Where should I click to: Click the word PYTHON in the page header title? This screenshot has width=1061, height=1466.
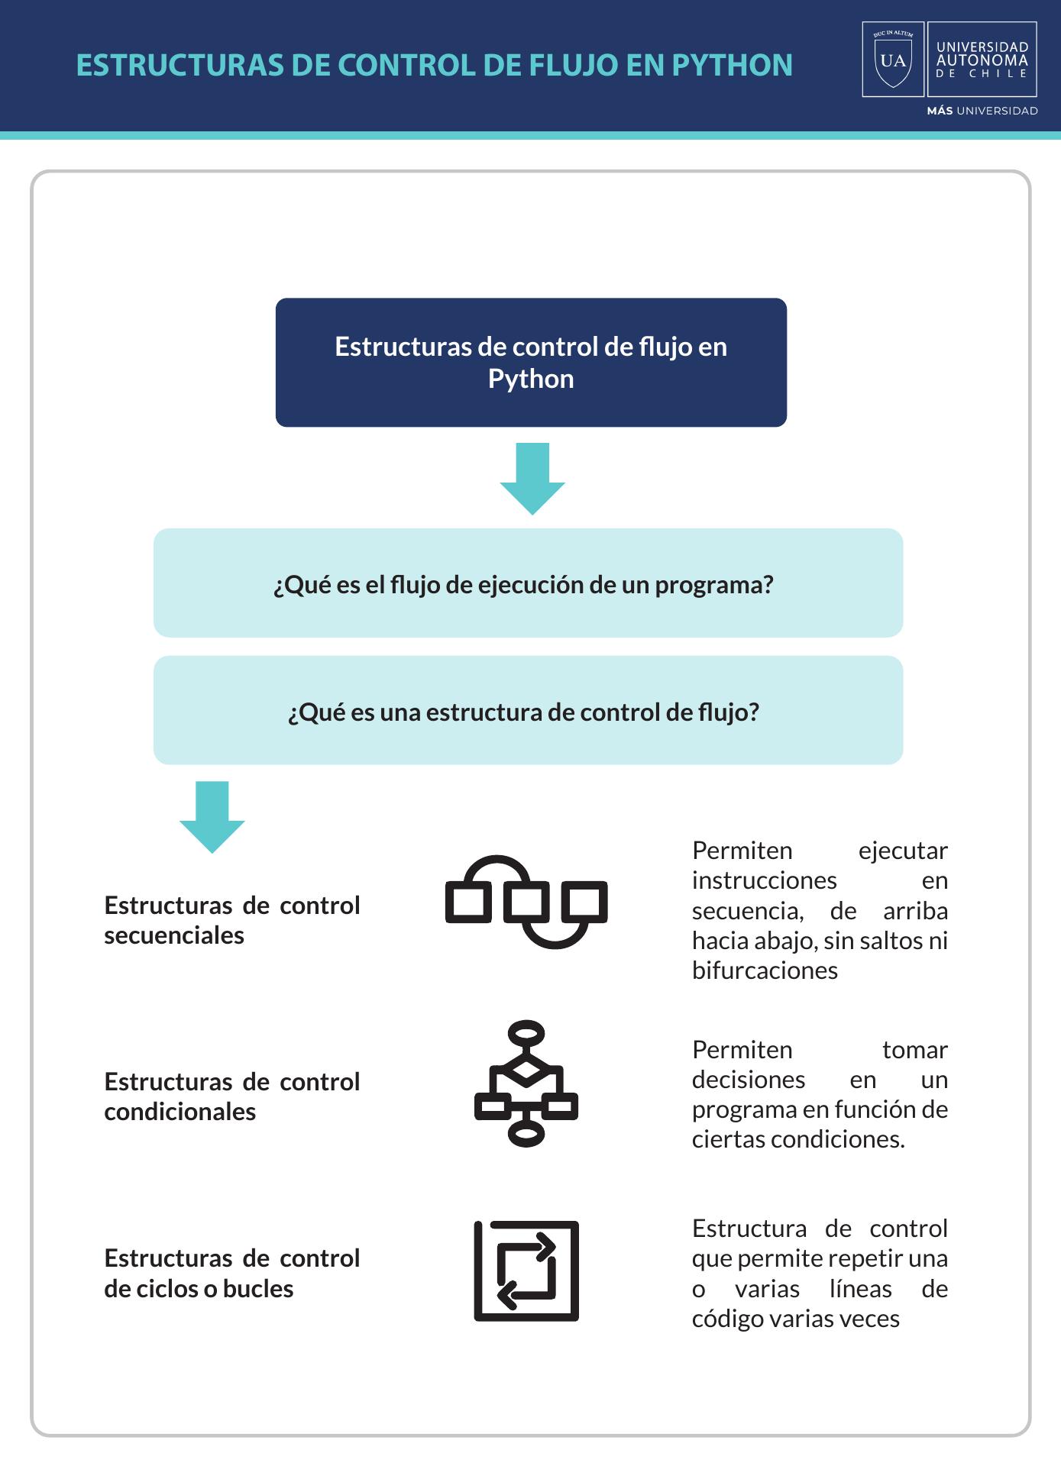[732, 66]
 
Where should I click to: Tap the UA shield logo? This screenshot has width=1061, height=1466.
[893, 60]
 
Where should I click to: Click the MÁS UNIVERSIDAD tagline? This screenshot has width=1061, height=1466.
[982, 111]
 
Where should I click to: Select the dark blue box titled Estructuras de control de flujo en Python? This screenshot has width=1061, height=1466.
[531, 362]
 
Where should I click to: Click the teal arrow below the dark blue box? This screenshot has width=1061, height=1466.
[532, 479]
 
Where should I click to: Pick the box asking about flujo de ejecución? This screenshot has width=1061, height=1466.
[528, 583]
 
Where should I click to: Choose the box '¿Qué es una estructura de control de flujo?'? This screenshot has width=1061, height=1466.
[528, 710]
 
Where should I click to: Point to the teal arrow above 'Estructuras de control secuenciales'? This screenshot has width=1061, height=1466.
[212, 817]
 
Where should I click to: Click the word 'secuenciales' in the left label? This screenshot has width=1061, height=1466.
[174, 935]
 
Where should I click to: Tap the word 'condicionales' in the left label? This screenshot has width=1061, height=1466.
[180, 1112]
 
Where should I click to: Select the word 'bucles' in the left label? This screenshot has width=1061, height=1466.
[258, 1289]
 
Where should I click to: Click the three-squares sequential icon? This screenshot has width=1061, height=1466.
[526, 902]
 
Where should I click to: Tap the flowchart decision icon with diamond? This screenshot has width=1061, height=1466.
[526, 1083]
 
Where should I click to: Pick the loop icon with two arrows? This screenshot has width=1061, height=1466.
[526, 1271]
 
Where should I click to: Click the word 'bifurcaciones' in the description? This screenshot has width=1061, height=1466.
[765, 970]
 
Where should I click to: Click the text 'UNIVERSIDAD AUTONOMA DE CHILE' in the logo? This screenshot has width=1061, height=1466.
[982, 60]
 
